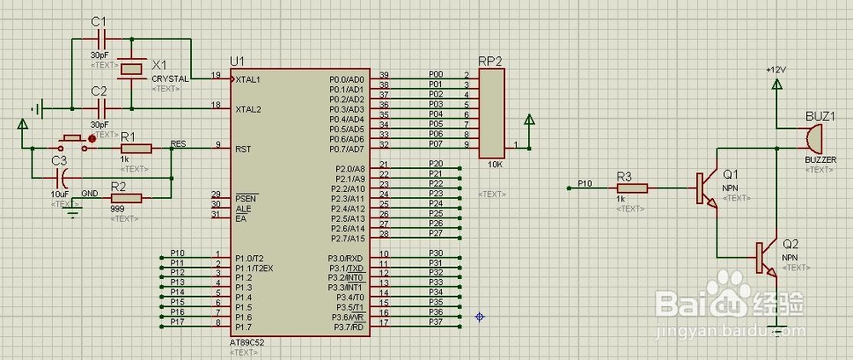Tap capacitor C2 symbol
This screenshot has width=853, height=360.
pos(102,108)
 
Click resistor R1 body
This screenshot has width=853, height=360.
pos(136,148)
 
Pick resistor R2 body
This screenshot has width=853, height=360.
pos(127,198)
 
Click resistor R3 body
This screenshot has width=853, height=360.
pos(632,187)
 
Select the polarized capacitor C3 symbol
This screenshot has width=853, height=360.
pos(61,178)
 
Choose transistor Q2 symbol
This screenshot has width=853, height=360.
pos(766,257)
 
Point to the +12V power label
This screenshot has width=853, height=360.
pos(775,69)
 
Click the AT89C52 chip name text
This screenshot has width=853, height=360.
pos(247,343)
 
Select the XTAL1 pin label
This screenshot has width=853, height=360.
pos(249,79)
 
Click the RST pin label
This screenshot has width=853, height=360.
pos(243,148)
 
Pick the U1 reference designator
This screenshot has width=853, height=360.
pos(237,61)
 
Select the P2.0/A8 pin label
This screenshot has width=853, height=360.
pos(348,169)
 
